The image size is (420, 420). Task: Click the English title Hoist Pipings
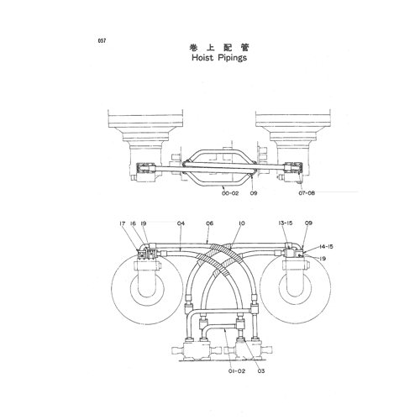[x=219, y=58]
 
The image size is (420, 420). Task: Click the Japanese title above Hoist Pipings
[x=219, y=48]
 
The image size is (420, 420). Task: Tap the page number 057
[x=102, y=41]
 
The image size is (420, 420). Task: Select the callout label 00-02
[x=230, y=193]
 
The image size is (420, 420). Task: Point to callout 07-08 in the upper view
[x=307, y=193]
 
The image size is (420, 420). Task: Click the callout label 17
[x=122, y=223]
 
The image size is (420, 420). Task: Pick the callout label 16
[x=133, y=223]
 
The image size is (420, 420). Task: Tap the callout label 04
[x=181, y=223]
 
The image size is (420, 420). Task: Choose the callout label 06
[x=209, y=223]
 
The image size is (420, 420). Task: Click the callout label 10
[x=242, y=223]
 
